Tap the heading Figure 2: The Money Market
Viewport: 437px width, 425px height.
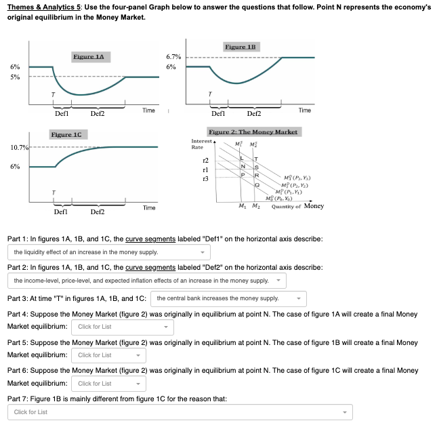tap(253, 131)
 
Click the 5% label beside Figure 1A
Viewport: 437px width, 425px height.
tap(14, 77)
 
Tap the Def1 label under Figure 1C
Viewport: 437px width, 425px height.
tap(60, 211)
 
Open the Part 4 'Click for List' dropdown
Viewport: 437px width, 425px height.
tap(122, 327)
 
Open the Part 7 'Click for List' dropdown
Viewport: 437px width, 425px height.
tap(181, 412)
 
